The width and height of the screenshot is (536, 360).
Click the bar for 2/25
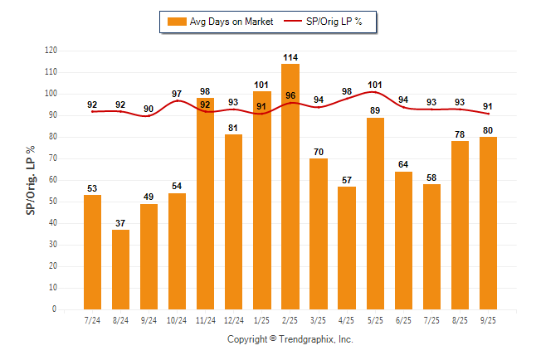pyautogui.click(x=290, y=187)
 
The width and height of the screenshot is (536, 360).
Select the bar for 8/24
pyautogui.click(x=120, y=269)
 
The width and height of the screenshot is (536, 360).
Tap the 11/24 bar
pyautogui.click(x=206, y=203)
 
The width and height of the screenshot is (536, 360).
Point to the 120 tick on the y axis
pyautogui.click(x=51, y=51)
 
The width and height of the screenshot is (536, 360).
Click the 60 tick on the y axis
pyautogui.click(x=53, y=180)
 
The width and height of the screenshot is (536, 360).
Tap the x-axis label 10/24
pyautogui.click(x=177, y=320)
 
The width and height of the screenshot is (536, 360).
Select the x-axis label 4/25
pyautogui.click(x=347, y=320)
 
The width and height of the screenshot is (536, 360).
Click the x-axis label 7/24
pyautogui.click(x=92, y=320)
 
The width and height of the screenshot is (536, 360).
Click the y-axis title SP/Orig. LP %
pyautogui.click(x=31, y=179)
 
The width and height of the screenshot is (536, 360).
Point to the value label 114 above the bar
pyautogui.click(x=290, y=57)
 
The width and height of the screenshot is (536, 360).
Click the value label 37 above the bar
pyautogui.click(x=120, y=223)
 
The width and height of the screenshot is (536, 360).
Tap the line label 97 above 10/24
pyautogui.click(x=177, y=94)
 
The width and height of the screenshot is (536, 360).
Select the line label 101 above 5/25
pyautogui.click(x=375, y=85)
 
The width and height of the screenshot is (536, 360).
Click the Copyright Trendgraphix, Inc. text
pyautogui.click(x=290, y=339)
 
